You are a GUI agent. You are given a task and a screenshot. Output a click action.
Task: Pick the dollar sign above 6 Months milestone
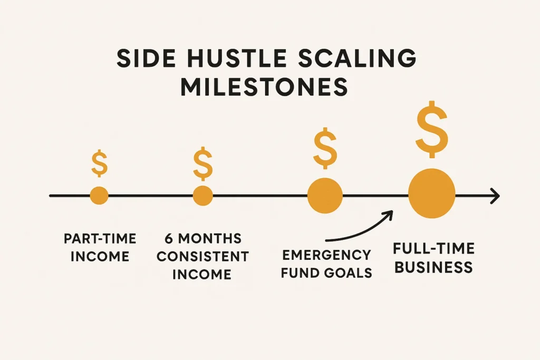[x=203, y=163]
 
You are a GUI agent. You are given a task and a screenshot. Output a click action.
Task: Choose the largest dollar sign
[x=432, y=129]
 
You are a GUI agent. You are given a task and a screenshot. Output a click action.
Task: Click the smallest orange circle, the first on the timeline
[x=99, y=196]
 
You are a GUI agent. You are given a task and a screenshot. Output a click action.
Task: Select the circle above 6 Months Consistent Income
[x=203, y=196]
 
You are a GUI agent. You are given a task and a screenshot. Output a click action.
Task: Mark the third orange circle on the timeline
[x=325, y=196]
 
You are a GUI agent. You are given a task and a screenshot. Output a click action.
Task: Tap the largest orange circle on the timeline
[x=432, y=193]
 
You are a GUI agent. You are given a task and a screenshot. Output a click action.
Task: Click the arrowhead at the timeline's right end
[x=495, y=196]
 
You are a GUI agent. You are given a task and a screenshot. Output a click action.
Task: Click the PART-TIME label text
[x=100, y=239]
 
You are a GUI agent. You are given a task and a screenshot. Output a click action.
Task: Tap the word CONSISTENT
[x=202, y=257]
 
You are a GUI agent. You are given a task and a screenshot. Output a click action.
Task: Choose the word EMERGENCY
[x=326, y=255]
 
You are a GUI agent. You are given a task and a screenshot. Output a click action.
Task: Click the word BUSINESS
[x=433, y=267]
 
